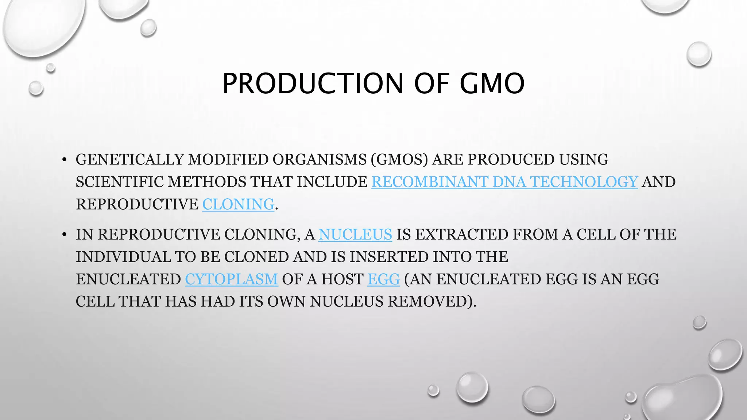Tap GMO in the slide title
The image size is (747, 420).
coord(492,83)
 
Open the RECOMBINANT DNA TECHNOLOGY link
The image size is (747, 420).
coord(504,182)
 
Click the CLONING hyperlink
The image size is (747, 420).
coord(238,204)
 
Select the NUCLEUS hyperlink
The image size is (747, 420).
coord(355,234)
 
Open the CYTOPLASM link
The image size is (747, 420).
coord(231,279)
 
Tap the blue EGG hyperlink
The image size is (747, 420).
coord(383,279)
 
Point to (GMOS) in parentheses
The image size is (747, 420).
coord(399,160)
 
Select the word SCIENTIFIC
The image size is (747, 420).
coord(119,182)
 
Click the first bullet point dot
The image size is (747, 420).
coord(64,160)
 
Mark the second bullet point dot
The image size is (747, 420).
coord(64,235)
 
